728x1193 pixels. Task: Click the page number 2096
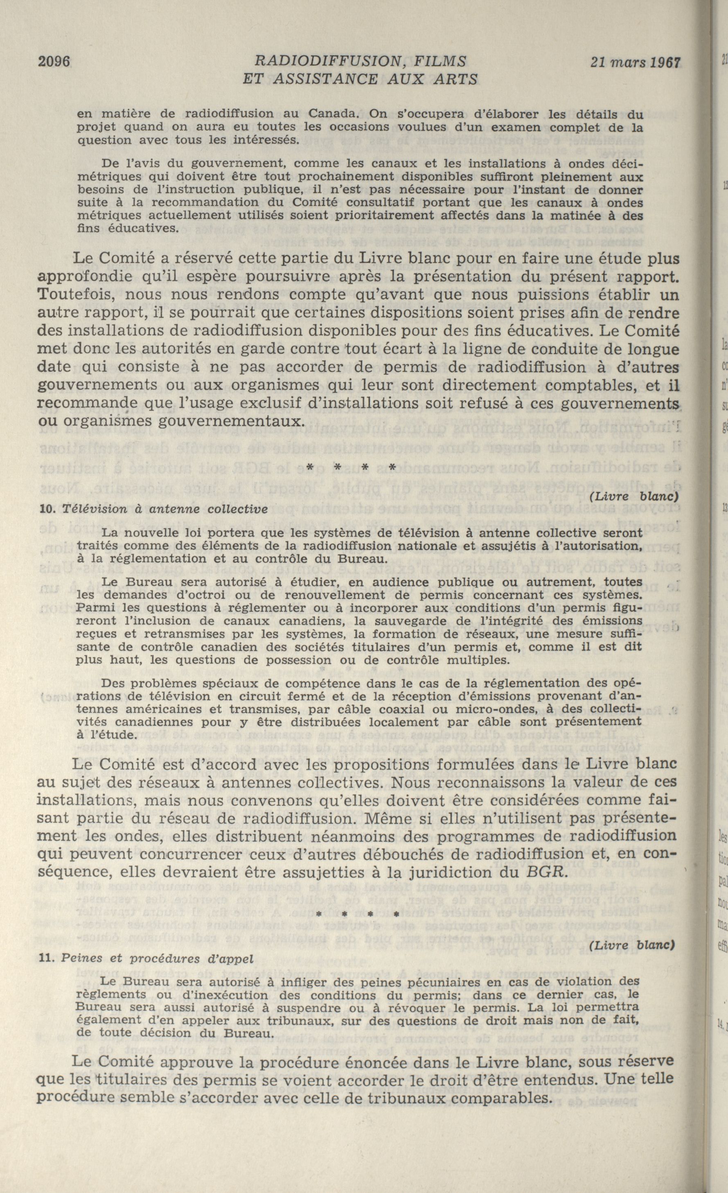pos(54,62)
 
